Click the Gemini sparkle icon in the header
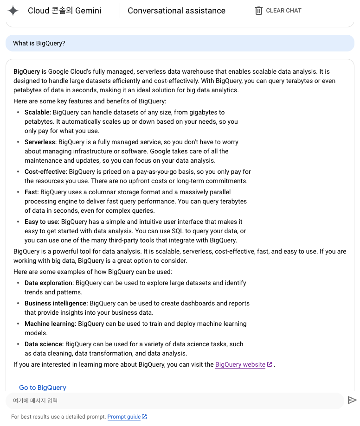click(x=13, y=11)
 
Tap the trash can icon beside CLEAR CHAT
click(x=259, y=11)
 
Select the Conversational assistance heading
click(x=176, y=11)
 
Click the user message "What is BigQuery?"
click(x=39, y=43)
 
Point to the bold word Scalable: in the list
click(x=38, y=112)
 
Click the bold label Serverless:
click(x=40, y=142)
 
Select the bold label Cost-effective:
click(x=45, y=172)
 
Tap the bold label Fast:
click(x=32, y=192)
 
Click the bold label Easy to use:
click(x=42, y=222)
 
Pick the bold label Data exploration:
click(x=49, y=283)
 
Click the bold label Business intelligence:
click(x=56, y=303)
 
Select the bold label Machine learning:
click(x=51, y=324)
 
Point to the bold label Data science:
click(x=44, y=344)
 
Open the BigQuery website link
click(x=240, y=365)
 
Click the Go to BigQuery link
click(x=43, y=388)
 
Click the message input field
click(x=174, y=401)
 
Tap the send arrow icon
click(x=352, y=401)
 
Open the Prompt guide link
click(x=124, y=417)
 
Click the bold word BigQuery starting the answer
click(x=26, y=71)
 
